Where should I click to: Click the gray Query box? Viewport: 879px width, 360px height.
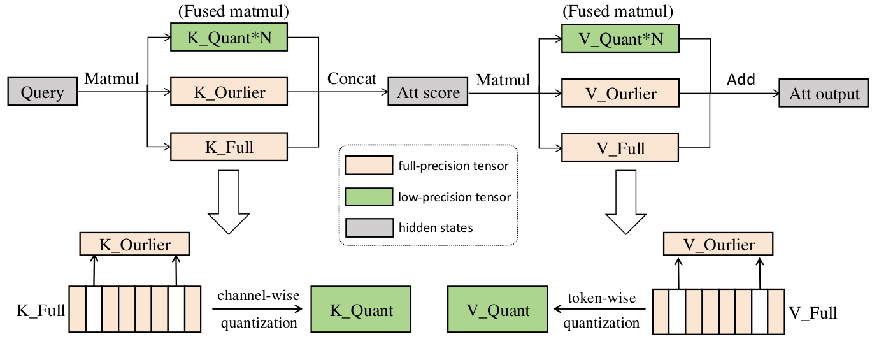tap(42, 93)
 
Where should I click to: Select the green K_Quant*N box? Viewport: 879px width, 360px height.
tap(229, 39)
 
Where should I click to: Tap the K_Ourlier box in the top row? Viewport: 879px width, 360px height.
tap(229, 93)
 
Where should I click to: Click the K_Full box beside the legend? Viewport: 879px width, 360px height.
tap(229, 147)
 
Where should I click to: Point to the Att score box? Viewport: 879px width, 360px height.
tap(428, 93)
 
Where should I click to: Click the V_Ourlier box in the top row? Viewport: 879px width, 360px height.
tap(620, 94)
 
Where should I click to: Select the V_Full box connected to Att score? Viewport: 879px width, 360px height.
tap(620, 148)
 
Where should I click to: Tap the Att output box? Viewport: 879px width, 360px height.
tap(824, 94)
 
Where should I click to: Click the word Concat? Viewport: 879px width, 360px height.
tap(352, 79)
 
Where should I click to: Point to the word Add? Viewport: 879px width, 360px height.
tap(741, 80)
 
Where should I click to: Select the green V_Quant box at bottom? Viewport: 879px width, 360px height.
tap(497, 310)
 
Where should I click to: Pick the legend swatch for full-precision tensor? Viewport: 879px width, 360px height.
tap(368, 166)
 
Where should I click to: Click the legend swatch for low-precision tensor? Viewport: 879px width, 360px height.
tap(368, 196)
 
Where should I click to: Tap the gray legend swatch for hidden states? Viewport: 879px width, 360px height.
tap(368, 226)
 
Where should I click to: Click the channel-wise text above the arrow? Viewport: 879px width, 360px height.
tap(258, 296)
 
